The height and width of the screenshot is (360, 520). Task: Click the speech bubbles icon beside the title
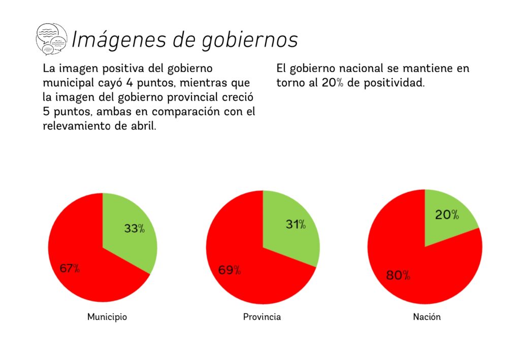pyautogui.click(x=51, y=39)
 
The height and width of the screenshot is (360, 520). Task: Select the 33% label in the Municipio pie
pyautogui.click(x=135, y=228)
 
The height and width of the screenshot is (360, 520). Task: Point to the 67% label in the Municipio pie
pyautogui.click(x=70, y=269)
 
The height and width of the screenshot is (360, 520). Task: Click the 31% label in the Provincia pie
pyautogui.click(x=295, y=224)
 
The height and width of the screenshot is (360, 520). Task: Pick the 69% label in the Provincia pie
pyautogui.click(x=230, y=270)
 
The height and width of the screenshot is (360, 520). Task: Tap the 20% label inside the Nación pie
pyautogui.click(x=447, y=215)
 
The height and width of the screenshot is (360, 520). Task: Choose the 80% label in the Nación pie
pyautogui.click(x=398, y=276)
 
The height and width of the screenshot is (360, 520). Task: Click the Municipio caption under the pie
pyautogui.click(x=107, y=317)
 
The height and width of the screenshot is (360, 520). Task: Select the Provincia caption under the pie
pyautogui.click(x=262, y=317)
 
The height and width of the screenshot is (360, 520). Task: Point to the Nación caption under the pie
pyautogui.click(x=427, y=317)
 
